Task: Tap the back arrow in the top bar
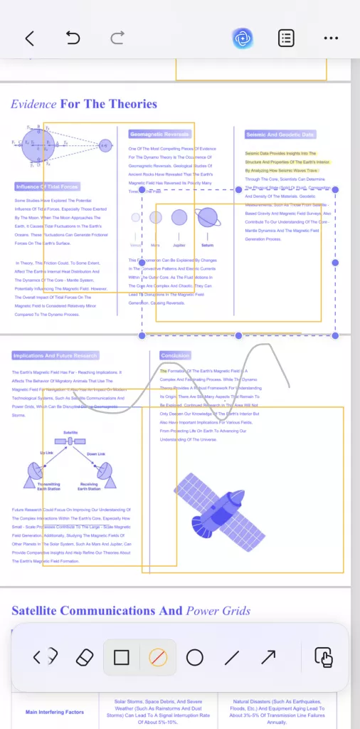[29, 38]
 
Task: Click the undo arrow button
[73, 38]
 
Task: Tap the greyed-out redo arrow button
[117, 38]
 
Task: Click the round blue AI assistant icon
[243, 38]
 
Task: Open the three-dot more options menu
[331, 38]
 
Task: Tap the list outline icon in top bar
[287, 38]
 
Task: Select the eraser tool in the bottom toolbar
[85, 657]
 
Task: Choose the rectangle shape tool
[122, 657]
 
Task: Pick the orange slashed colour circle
[158, 657]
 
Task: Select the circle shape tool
[195, 657]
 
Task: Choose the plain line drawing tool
[231, 657]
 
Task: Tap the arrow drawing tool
[268, 657]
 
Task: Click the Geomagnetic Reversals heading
[159, 134]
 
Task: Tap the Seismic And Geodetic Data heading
[280, 134]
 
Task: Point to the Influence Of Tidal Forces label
[47, 187]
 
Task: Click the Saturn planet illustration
[208, 217]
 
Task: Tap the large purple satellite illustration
[221, 507]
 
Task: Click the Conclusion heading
[175, 355]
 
